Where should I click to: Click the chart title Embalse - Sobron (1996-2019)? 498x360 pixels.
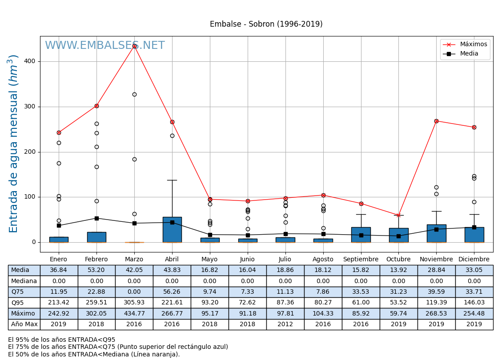(x=266, y=24)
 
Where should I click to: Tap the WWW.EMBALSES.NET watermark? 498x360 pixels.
(x=104, y=46)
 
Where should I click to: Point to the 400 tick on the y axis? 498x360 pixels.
(x=30, y=61)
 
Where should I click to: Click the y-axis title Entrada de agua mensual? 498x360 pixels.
(x=14, y=144)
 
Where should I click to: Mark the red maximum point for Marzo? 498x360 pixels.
(x=134, y=46)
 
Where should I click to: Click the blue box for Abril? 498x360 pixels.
(x=172, y=229)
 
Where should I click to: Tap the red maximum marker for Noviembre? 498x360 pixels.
(x=436, y=121)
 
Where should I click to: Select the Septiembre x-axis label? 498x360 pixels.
(x=361, y=260)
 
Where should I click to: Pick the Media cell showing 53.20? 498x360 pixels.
(x=96, y=270)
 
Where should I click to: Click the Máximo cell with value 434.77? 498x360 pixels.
(x=134, y=313)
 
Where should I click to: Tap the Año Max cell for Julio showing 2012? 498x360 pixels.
(x=285, y=324)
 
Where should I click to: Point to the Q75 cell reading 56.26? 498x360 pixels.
(x=172, y=292)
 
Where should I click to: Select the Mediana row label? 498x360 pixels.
(x=24, y=281)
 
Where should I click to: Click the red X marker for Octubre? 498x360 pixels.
(x=398, y=215)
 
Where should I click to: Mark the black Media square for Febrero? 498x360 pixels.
(x=96, y=218)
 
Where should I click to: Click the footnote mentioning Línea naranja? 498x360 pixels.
(x=94, y=354)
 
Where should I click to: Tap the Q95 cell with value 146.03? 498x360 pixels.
(x=474, y=303)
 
